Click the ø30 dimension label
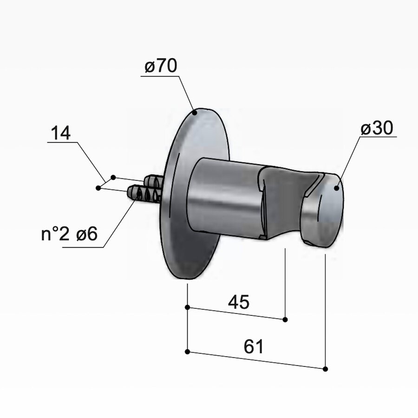378,129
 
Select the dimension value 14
61,133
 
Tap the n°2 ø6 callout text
69,235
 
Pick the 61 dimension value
253,346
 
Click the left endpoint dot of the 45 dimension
187,307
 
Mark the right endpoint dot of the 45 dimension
285,320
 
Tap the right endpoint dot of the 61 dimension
325,369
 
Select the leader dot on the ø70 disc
195,111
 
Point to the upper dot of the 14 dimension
113,177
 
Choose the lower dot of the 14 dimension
98,188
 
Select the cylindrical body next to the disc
223,197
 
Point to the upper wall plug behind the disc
153,181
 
